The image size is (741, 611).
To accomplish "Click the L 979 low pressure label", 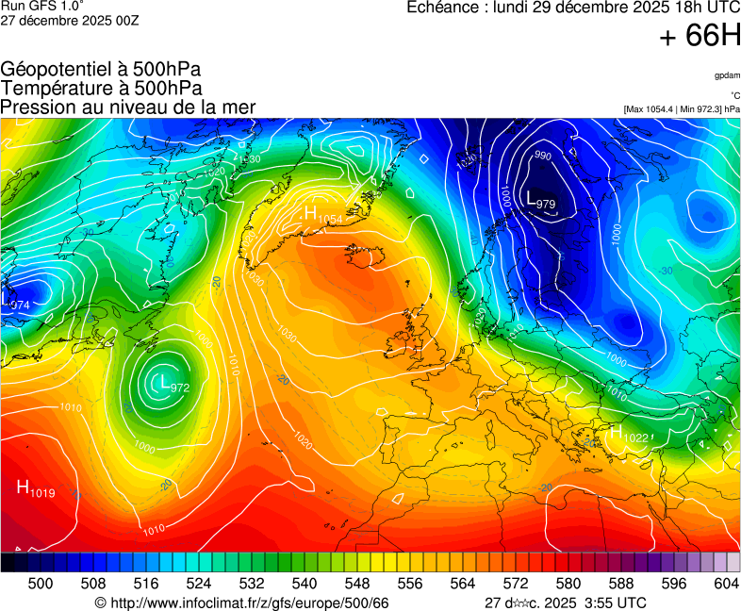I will [x=540, y=201].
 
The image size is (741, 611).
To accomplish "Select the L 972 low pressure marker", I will [x=175, y=384].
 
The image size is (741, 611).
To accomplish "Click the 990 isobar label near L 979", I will [x=543, y=156].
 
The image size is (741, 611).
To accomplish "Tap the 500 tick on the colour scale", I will [x=41, y=585].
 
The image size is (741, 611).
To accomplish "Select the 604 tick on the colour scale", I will [x=726, y=585].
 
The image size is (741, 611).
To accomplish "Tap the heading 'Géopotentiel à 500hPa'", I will [x=101, y=70].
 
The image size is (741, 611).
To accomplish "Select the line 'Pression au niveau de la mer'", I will [x=128, y=107].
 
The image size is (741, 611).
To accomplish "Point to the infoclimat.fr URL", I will [x=241, y=603].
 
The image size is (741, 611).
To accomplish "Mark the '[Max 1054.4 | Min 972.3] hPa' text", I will [x=682, y=109].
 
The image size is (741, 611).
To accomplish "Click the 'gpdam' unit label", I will [x=727, y=74].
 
